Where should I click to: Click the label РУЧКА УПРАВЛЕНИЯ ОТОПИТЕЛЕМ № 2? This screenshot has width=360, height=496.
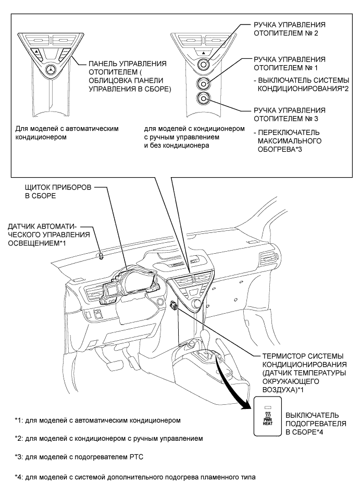click(289, 31)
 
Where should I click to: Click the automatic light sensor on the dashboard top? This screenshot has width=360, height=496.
click(101, 256)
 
